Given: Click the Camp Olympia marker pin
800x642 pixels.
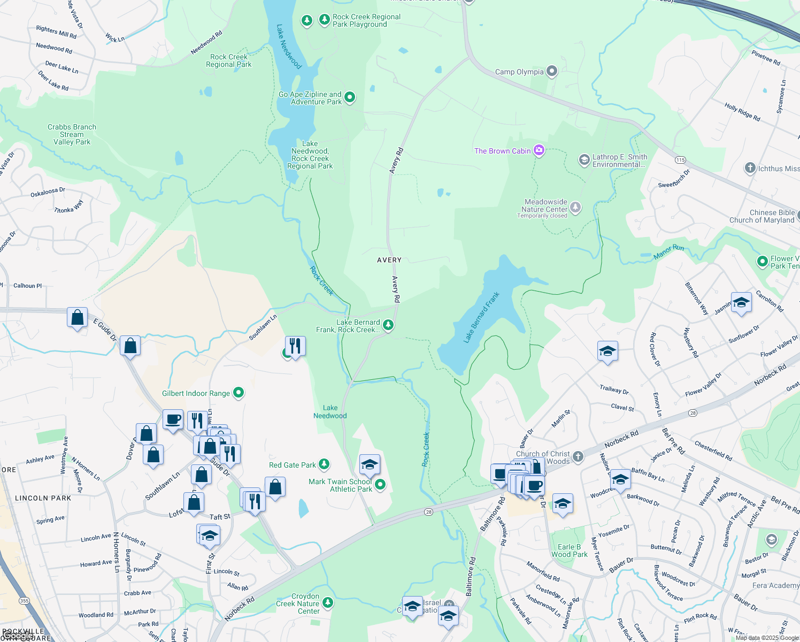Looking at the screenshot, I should [x=552, y=71].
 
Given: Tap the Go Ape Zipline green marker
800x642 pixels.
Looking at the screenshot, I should [x=350, y=97].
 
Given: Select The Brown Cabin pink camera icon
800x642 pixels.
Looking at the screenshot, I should [x=539, y=150].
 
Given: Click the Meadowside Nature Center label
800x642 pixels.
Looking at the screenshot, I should [x=545, y=206].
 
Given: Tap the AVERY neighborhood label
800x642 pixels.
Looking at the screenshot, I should [x=389, y=260].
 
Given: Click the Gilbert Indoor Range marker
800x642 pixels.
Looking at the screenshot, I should [x=239, y=393].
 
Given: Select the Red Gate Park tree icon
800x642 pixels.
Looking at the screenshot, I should [x=324, y=464].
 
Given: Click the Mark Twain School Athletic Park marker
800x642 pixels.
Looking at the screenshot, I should [x=380, y=485].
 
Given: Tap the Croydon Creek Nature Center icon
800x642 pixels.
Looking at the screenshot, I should [x=328, y=603].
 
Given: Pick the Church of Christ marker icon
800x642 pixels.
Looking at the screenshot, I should [x=578, y=457].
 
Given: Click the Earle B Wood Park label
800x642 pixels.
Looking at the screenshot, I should [x=569, y=551].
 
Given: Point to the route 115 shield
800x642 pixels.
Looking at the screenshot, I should [x=680, y=160].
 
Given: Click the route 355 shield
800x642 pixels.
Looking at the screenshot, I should [x=24, y=601].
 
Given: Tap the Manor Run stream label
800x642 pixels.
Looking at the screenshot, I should [x=668, y=252].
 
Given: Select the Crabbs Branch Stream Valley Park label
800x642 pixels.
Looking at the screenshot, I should [x=72, y=134].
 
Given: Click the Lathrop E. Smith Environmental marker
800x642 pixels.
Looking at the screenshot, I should [x=584, y=160].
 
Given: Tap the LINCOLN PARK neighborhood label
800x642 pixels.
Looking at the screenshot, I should [x=43, y=498].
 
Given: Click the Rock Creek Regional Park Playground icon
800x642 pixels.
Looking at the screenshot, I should [x=324, y=20].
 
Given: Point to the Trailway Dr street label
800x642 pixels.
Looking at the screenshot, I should [x=614, y=390].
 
